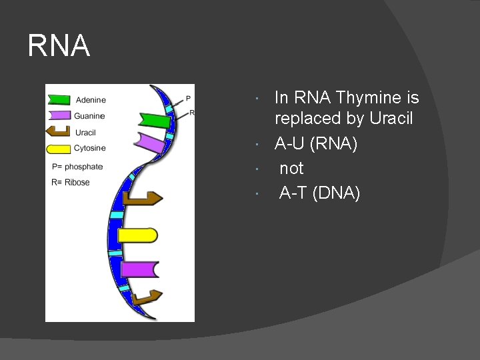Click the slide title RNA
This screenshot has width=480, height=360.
click(59, 46)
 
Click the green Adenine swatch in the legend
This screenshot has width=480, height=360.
click(59, 100)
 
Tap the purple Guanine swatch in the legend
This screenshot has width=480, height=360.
click(59, 116)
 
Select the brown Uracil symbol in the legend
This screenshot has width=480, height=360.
click(59, 132)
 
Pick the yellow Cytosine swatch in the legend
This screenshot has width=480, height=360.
click(59, 148)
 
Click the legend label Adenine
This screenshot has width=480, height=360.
click(91, 100)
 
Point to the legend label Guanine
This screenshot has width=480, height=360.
click(89, 116)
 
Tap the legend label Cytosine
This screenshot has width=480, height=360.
click(90, 148)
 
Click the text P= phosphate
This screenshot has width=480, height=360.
click(77, 167)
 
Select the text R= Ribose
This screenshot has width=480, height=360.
click(71, 183)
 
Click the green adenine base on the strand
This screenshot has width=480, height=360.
click(155, 121)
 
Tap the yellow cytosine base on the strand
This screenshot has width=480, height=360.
click(137, 235)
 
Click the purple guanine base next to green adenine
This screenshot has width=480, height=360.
click(150, 143)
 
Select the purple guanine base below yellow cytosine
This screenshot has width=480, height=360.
click(140, 269)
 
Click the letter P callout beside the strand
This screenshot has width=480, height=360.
click(188, 99)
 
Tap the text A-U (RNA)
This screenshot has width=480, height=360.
click(316, 144)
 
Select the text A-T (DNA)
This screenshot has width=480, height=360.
click(319, 193)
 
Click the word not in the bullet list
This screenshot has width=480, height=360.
click(291, 169)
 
